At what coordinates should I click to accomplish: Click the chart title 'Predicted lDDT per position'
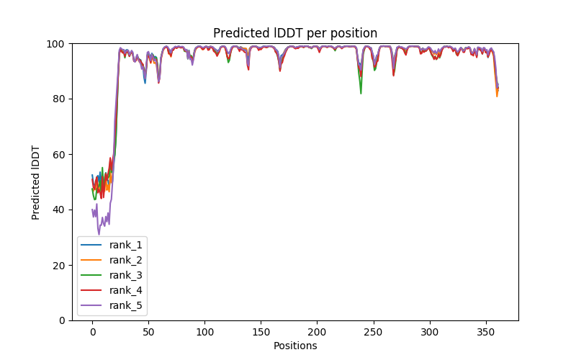(x=294, y=33)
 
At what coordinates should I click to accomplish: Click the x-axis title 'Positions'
(x=294, y=346)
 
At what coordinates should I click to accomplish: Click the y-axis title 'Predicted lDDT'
(x=36, y=181)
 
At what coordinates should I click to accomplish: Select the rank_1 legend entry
(x=127, y=245)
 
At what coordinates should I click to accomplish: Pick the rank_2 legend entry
(x=127, y=260)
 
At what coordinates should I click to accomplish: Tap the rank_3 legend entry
(x=127, y=275)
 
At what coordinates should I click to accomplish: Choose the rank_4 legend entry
(x=127, y=290)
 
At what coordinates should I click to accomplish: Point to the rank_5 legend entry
(x=127, y=305)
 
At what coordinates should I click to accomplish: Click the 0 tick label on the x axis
(x=92, y=331)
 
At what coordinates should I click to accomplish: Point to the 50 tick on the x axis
(x=148, y=331)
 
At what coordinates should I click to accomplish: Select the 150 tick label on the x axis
(x=261, y=331)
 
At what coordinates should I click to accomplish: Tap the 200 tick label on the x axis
(x=317, y=331)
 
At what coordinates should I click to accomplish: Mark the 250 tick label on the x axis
(x=373, y=331)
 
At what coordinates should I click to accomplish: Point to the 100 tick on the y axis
(x=58, y=44)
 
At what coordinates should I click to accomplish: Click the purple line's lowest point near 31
(x=99, y=234)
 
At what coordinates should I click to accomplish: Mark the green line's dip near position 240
(x=361, y=93)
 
